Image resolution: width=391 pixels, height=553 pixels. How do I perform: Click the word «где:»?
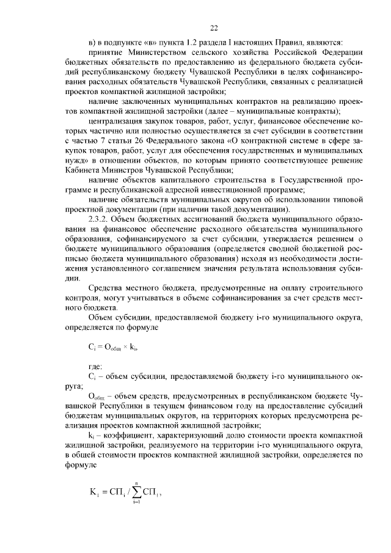tap(96, 366)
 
